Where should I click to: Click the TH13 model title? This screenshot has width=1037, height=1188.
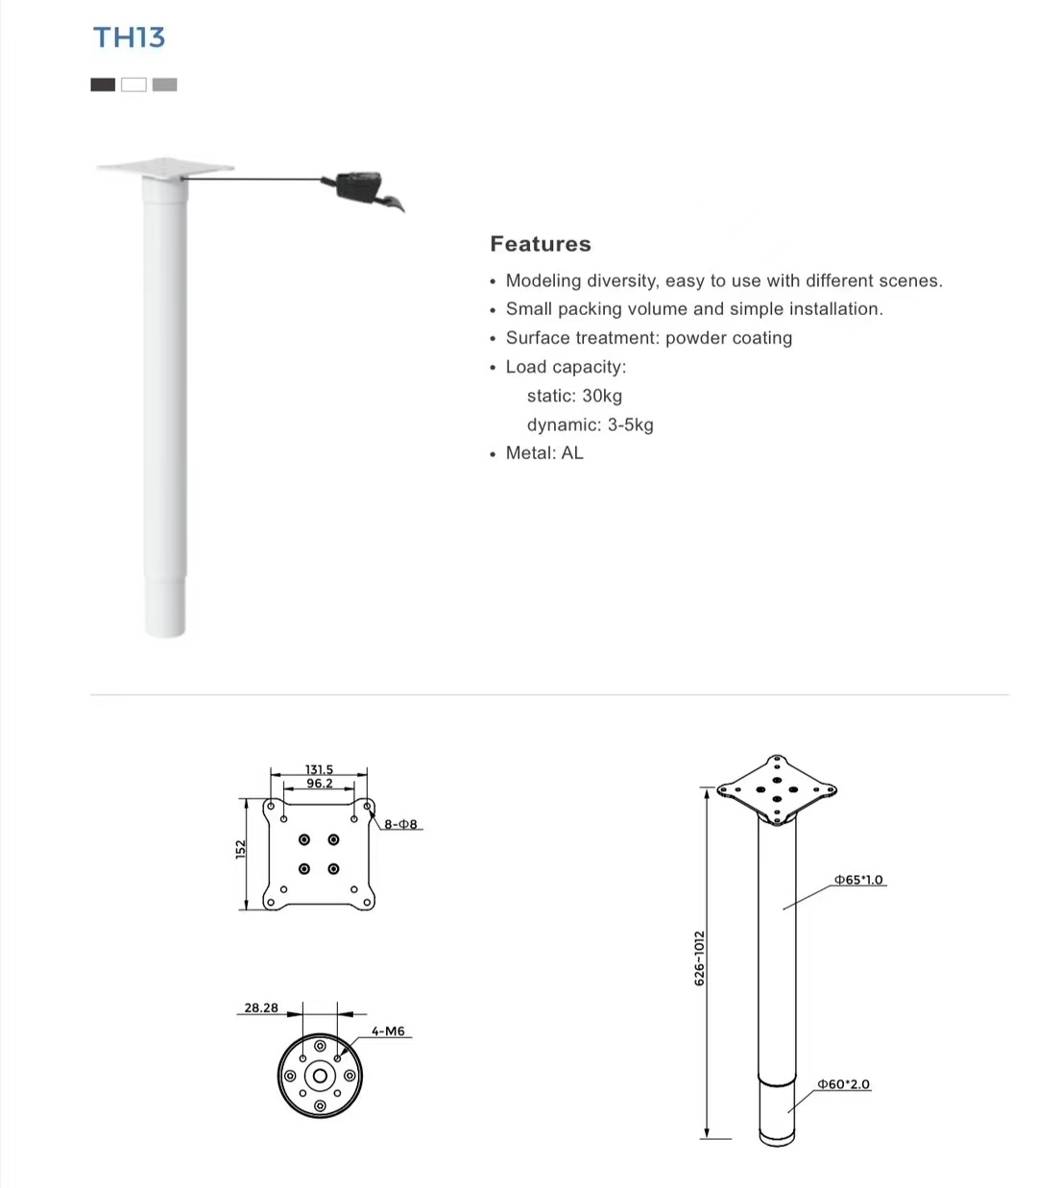click(x=129, y=37)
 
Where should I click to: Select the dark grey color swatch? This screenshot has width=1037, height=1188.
click(x=103, y=85)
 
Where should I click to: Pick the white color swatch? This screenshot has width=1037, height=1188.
click(x=133, y=85)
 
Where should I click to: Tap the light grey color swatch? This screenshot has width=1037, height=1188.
click(x=164, y=85)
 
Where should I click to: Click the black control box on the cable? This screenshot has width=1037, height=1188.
click(x=359, y=182)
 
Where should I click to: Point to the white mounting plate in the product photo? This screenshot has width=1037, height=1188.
click(x=165, y=167)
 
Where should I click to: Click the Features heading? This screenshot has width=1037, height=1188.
click(x=540, y=244)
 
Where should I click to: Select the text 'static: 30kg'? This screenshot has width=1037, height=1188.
click(x=574, y=396)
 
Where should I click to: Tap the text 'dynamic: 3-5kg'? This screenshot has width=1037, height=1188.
click(x=590, y=424)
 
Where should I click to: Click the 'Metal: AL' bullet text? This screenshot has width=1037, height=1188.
click(x=544, y=453)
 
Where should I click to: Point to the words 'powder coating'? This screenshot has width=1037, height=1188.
click(x=729, y=338)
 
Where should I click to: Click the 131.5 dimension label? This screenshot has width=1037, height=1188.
click(x=319, y=769)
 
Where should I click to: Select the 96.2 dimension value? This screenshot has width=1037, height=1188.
click(x=320, y=784)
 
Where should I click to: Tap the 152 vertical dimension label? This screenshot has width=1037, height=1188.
click(x=241, y=850)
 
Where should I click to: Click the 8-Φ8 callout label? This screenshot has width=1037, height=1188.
click(x=401, y=824)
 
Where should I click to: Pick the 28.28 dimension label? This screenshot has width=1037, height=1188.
click(x=261, y=1007)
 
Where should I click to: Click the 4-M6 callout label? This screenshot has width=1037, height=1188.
click(x=388, y=1031)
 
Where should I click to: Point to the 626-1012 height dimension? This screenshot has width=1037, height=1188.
click(x=699, y=958)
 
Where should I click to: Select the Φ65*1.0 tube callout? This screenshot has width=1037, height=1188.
click(x=858, y=880)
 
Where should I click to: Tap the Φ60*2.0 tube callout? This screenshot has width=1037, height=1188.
click(x=843, y=1084)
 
